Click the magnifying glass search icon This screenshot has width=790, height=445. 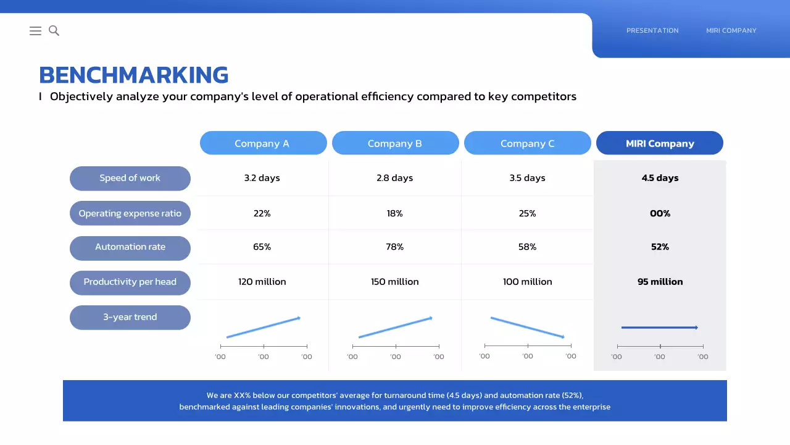pos(54,30)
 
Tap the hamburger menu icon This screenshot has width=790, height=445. pos(35,30)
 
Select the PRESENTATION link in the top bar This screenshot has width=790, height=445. pos(652,30)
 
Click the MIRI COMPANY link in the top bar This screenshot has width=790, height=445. pos(731,30)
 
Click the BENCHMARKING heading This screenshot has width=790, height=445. pos(133,75)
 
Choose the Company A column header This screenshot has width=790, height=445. pos(263,143)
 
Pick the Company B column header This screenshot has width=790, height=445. pos(395,143)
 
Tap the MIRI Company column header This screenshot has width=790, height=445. pos(659,143)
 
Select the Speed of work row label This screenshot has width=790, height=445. pos(130,178)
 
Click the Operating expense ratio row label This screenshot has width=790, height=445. pos(130,213)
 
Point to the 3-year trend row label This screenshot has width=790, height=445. pos(130,317)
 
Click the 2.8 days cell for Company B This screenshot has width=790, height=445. pos(395,178)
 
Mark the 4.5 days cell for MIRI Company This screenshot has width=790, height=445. pos(660,178)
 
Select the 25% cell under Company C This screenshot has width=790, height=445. pos(527,213)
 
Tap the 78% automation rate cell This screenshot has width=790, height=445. pos(395,247)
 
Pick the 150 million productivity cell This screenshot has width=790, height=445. pos(395,282)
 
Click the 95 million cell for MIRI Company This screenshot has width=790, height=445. pos(660,282)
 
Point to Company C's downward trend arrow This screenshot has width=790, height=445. pos(528,328)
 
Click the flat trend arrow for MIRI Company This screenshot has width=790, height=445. pos(659,328)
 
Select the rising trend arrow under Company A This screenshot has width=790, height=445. pos(264,328)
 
